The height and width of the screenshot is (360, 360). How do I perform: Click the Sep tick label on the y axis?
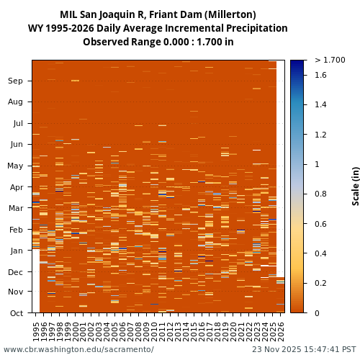click(x=15, y=81)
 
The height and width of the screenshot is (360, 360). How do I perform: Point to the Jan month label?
click(x=15, y=251)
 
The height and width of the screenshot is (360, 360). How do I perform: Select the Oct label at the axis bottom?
click(x=15, y=313)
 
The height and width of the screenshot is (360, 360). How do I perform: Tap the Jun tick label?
click(x=15, y=144)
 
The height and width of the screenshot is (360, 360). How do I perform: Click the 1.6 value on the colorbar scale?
click(x=320, y=75)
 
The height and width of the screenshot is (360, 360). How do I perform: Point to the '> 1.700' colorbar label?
click(x=330, y=60)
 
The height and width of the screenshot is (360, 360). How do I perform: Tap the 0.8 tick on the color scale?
click(x=320, y=194)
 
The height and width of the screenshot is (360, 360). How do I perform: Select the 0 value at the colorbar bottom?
click(x=317, y=313)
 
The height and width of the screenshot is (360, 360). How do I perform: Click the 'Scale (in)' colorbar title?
click(x=355, y=186)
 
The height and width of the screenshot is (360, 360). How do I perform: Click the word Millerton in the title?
click(x=231, y=14)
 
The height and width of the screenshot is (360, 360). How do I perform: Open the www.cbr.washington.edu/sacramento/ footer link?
click(x=78, y=350)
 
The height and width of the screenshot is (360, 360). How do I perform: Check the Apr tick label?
click(x=15, y=187)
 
